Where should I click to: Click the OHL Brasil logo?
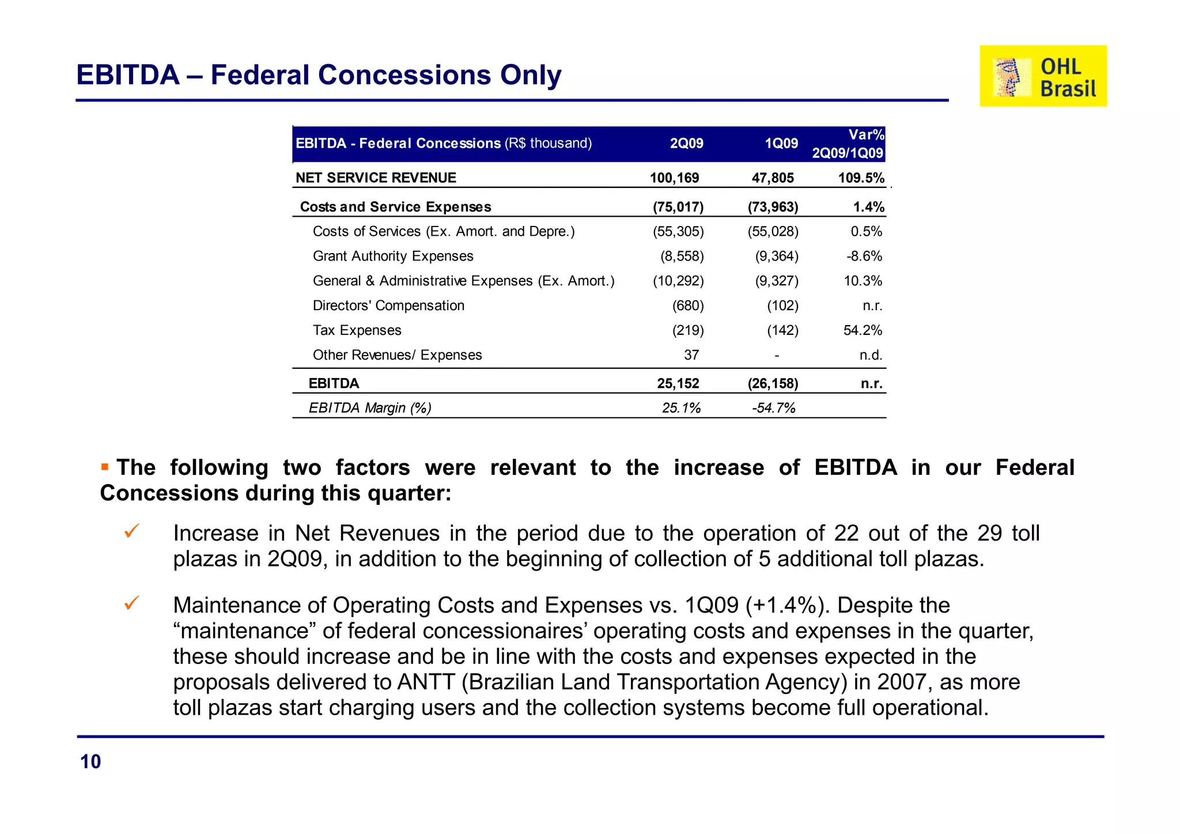pyautogui.click(x=1043, y=76)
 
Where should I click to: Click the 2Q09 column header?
pyautogui.click(x=686, y=144)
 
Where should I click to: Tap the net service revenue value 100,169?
pyautogui.click(x=674, y=178)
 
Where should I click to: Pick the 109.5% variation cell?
pyautogui.click(x=861, y=178)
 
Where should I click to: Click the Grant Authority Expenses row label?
pyautogui.click(x=393, y=256)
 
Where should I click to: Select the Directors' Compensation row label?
pyautogui.click(x=388, y=305)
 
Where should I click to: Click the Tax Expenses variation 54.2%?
pyautogui.click(x=863, y=330)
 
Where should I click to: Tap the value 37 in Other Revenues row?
pyautogui.click(x=691, y=355)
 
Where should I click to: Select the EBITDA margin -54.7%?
pyautogui.click(x=773, y=408)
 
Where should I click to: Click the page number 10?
pyautogui.click(x=90, y=762)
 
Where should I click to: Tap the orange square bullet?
pyautogui.click(x=105, y=467)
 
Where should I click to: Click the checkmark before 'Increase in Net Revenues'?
pyautogui.click(x=132, y=531)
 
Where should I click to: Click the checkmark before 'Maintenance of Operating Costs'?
pyautogui.click(x=132, y=603)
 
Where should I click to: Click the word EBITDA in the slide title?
pyautogui.click(x=128, y=75)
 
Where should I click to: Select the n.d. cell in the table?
pyautogui.click(x=871, y=355)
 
